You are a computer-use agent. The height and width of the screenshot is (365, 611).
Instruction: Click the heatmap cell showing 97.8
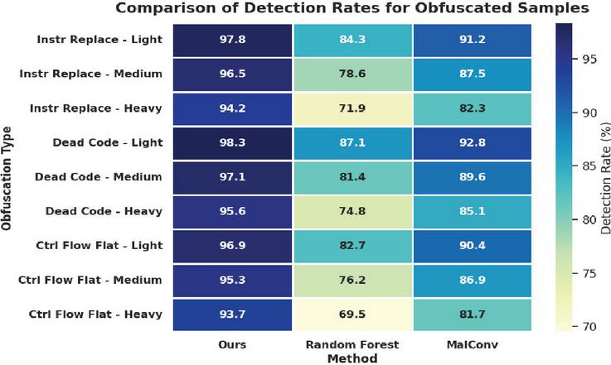[x=232, y=40]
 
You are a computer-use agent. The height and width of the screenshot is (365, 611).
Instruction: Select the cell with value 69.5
[x=352, y=315]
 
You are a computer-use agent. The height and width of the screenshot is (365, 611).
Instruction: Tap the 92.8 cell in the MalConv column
[x=473, y=143]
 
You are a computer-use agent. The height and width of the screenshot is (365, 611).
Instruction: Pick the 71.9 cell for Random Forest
[x=352, y=108]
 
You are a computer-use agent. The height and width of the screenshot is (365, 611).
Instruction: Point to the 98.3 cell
[x=232, y=143]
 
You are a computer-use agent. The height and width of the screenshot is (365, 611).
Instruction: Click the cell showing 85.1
[x=473, y=211]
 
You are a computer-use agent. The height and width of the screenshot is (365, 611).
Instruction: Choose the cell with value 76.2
[x=352, y=281]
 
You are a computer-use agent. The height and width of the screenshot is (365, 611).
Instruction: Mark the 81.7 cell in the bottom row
[x=473, y=315]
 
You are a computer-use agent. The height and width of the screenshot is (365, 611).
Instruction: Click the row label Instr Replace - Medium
[x=91, y=74]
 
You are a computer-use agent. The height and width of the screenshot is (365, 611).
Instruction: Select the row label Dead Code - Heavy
[x=104, y=211]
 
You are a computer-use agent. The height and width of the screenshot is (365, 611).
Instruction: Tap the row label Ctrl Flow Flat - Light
[x=99, y=246]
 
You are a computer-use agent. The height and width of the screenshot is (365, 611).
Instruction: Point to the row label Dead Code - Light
[x=108, y=143]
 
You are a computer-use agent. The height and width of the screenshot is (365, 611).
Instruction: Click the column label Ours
[x=232, y=345]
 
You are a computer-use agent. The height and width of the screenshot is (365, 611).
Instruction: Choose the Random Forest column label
[x=352, y=345]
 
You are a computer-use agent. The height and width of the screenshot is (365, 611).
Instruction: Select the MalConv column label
[x=473, y=345]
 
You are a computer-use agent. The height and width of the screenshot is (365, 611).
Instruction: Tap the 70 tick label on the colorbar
[x=589, y=326]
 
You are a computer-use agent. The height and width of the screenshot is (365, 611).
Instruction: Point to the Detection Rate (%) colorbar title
[x=605, y=178]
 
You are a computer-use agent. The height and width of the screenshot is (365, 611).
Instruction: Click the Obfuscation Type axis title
[x=7, y=178]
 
